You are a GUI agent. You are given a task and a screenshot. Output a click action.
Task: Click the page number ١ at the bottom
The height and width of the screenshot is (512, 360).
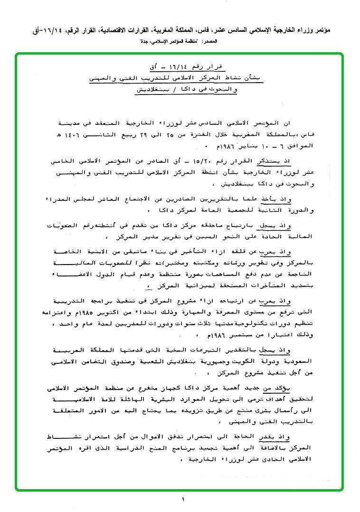click(x=182, y=499)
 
